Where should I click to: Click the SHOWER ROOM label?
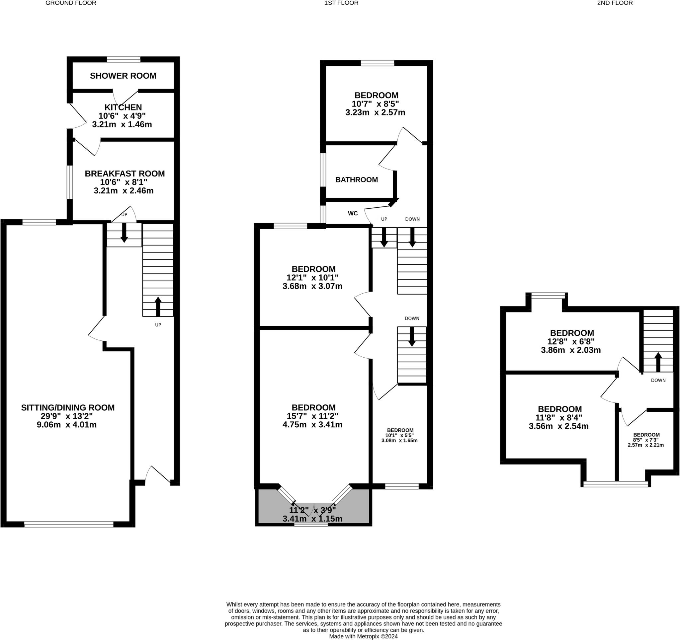(x=123, y=76)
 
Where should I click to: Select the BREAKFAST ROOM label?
(x=125, y=174)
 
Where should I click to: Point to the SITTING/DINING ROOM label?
(x=68, y=407)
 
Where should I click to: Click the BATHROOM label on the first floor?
(x=356, y=180)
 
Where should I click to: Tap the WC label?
(x=353, y=213)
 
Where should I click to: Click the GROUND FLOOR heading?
(x=71, y=3)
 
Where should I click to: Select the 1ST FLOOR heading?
(x=341, y=3)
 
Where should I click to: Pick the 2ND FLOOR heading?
(x=615, y=3)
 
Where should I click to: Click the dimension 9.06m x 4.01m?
(x=67, y=425)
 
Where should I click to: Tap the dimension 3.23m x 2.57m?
(x=375, y=112)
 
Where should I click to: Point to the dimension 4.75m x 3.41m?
(x=312, y=425)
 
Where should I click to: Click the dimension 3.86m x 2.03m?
(x=571, y=350)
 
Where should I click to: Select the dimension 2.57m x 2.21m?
(x=646, y=445)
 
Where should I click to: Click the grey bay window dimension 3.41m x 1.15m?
(x=312, y=519)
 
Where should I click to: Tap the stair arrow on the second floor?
(x=658, y=362)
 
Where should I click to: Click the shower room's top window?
(x=124, y=60)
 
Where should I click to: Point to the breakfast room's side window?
(x=69, y=182)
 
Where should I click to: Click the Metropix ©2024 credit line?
(x=363, y=636)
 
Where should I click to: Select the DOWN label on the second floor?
(x=658, y=380)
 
